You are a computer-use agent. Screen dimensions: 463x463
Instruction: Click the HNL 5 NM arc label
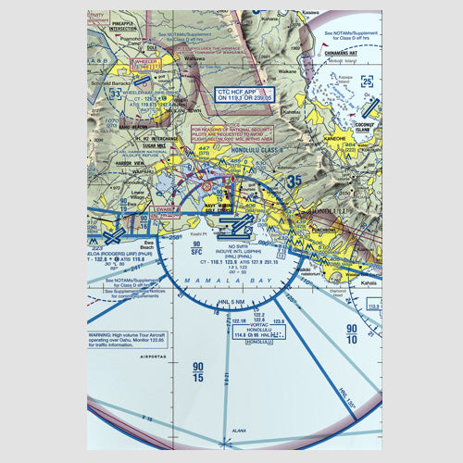pyautogui.click(x=229, y=301)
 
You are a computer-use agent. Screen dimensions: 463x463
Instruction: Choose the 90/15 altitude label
pyautogui.click(x=197, y=370)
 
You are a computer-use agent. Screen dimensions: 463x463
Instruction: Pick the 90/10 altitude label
pyautogui.click(x=352, y=334)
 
